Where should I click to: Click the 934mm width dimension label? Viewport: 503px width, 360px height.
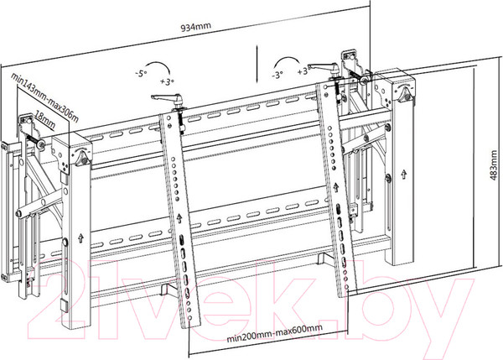[x=196, y=27]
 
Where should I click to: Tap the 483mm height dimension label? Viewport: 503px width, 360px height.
[x=494, y=165]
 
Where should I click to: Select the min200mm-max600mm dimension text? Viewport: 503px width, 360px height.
[x=275, y=333]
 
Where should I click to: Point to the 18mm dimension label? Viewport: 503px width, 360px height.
[x=44, y=120]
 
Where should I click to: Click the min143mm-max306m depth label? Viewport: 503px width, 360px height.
[x=45, y=97]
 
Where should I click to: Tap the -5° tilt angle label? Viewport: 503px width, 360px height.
[x=140, y=74]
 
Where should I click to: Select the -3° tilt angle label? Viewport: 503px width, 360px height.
[x=277, y=76]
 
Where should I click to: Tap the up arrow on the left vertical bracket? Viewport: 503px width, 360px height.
[x=179, y=218]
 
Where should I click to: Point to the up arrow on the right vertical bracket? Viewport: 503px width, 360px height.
[x=336, y=187]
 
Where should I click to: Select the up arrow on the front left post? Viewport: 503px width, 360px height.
[x=80, y=238]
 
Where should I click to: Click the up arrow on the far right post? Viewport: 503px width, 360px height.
[x=404, y=175]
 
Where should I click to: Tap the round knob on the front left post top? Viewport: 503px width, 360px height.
[x=82, y=158]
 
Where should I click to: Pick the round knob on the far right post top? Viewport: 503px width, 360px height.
[x=405, y=95]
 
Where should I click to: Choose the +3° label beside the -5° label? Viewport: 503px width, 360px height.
[x=167, y=81]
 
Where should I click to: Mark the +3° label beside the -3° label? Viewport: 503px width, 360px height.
[x=303, y=70]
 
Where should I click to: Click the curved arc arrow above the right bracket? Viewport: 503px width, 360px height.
[x=289, y=60]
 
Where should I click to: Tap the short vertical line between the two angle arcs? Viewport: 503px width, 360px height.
[x=257, y=65]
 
